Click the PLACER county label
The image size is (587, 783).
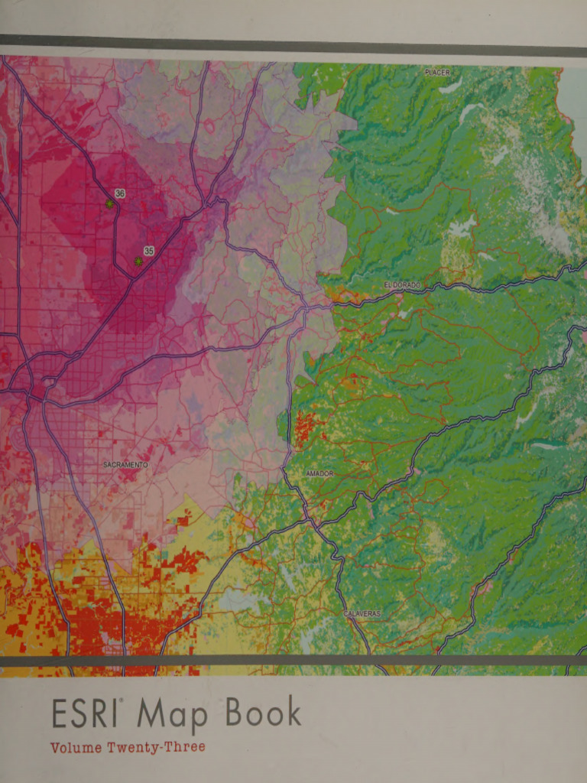pyautogui.click(x=437, y=72)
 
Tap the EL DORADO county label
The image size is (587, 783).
pyautogui.click(x=402, y=285)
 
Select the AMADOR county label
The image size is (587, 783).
pyautogui.click(x=319, y=474)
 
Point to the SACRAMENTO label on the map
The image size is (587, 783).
pyautogui.click(x=125, y=465)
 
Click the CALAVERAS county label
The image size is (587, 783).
pyautogui.click(x=362, y=614)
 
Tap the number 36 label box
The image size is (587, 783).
pyautogui.click(x=120, y=193)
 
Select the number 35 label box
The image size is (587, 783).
pyautogui.click(x=148, y=251)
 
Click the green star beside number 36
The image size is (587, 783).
pyautogui.click(x=110, y=204)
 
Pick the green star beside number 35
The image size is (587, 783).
pyautogui.click(x=138, y=262)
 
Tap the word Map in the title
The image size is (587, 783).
pyautogui.click(x=172, y=716)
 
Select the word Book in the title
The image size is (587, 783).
pyautogui.click(x=262, y=713)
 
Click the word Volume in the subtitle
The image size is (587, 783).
pyautogui.click(x=74, y=747)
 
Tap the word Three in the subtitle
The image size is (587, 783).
pyautogui.click(x=186, y=747)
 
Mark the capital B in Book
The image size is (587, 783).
pyautogui.click(x=235, y=713)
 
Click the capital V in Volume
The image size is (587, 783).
pyautogui.click(x=55, y=747)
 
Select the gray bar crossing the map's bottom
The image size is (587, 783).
pyautogui.click(x=293, y=660)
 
